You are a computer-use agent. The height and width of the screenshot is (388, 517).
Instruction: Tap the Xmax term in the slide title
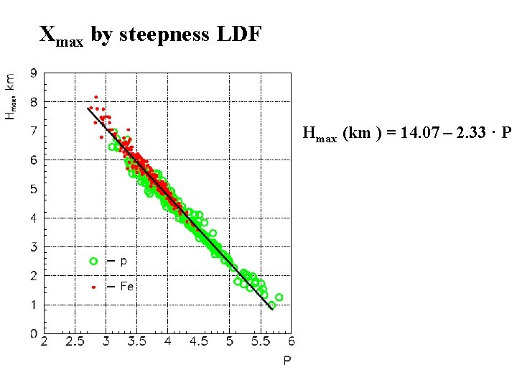(x=61, y=36)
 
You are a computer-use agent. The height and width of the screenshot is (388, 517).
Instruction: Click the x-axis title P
(x=287, y=361)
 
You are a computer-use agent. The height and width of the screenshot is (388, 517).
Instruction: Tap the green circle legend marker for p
(x=93, y=260)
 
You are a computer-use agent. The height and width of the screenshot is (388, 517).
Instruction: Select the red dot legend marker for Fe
(x=93, y=286)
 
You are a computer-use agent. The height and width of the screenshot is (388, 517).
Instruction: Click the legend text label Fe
(x=126, y=286)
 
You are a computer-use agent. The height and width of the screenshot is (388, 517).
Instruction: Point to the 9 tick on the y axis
(x=34, y=73)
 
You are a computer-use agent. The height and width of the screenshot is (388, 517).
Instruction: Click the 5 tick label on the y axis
(x=34, y=189)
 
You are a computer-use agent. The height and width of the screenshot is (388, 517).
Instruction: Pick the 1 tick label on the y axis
(x=34, y=305)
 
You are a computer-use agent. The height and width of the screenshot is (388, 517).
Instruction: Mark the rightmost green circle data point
(x=279, y=297)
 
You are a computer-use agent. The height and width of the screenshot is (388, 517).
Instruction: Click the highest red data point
(x=96, y=97)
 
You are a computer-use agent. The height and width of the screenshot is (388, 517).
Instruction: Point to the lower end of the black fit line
(x=271, y=309)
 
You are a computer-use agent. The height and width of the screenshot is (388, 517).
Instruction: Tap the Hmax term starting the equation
(x=320, y=134)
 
